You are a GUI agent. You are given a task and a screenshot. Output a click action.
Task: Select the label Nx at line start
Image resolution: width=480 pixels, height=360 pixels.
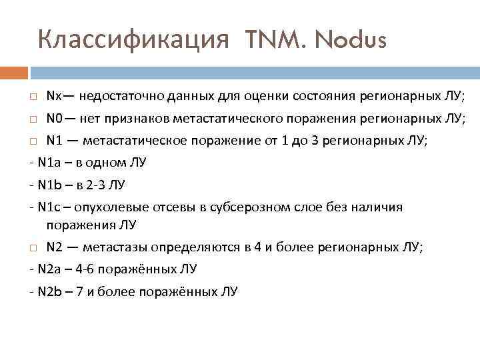pos(54,97)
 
